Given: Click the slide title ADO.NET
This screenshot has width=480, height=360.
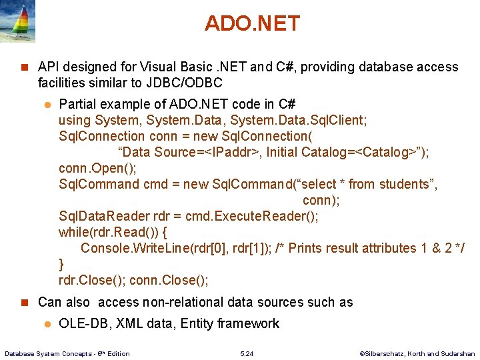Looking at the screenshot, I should [252, 23].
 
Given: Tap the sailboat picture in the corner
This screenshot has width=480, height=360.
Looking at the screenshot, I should [17, 21].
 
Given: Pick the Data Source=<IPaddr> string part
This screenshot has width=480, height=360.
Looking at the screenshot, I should [189, 152].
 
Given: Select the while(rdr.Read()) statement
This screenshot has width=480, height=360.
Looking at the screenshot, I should [113, 232].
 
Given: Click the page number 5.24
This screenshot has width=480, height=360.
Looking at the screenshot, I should [247, 353].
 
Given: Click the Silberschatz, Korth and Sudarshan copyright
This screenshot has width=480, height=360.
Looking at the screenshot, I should [417, 353].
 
